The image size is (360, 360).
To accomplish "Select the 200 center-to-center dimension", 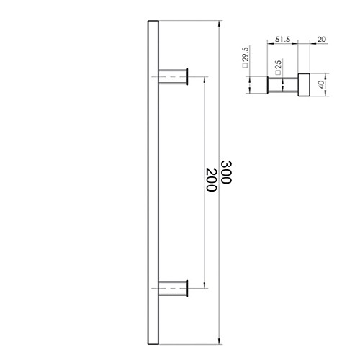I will coord(210,180).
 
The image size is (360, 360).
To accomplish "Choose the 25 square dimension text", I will coord(278,68).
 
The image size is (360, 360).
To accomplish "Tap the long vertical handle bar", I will coord(151,180).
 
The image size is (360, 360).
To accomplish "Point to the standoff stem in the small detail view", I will coord(282,85).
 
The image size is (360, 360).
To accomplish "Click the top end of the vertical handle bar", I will coord(151,24).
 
